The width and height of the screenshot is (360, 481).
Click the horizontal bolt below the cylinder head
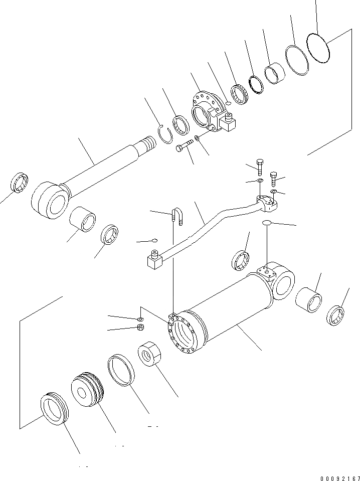coord(184,146)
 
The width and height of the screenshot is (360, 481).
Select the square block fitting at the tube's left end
coord(153,261)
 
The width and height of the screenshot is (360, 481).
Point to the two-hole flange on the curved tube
coord(267,206)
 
